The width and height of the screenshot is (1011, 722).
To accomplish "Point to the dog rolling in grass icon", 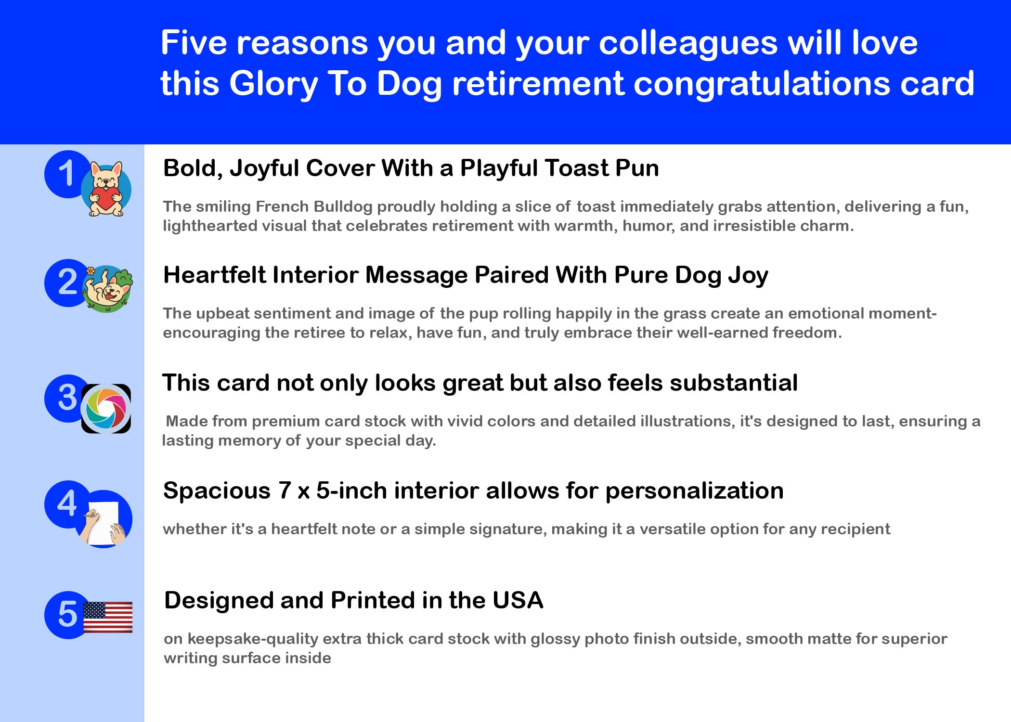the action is click(107, 289).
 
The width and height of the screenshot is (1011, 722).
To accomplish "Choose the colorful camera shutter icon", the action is click(106, 409).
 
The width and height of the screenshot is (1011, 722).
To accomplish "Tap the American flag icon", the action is click(108, 617).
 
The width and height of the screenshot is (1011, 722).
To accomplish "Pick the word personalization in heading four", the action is click(694, 491).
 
